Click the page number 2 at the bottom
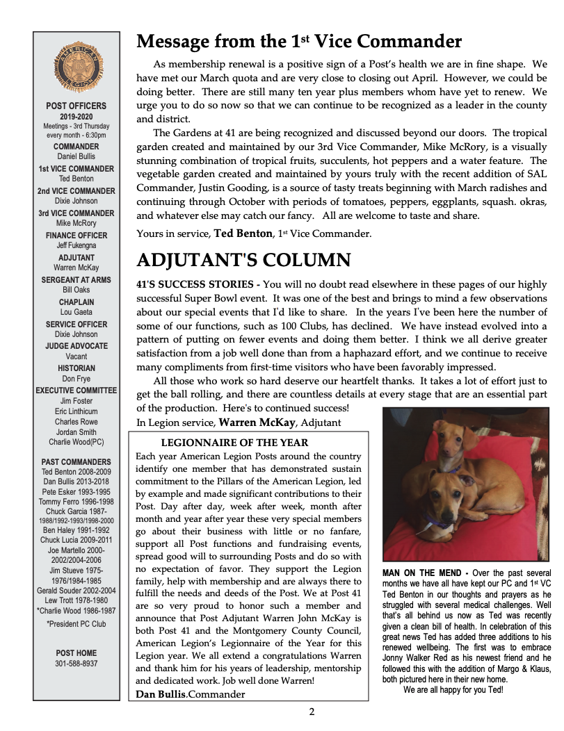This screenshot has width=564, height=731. (x=312, y=712)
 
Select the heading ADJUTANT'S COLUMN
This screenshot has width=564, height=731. (x=243, y=261)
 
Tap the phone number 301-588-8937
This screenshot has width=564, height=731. (x=76, y=664)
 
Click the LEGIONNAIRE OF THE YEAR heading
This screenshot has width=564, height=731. (x=234, y=443)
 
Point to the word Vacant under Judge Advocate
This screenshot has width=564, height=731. (x=76, y=356)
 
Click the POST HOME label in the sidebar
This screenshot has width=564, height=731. (x=76, y=653)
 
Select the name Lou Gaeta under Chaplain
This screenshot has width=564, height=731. (x=76, y=313)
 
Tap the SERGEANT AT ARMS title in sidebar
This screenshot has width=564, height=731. (x=76, y=280)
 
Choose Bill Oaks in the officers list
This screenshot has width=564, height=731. (x=76, y=290)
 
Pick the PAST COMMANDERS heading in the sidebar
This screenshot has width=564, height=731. (x=76, y=461)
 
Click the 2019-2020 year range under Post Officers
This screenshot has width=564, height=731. (x=76, y=116)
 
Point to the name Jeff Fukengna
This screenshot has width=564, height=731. (x=76, y=245)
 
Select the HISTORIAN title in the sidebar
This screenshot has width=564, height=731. (x=76, y=368)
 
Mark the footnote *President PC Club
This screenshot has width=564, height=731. (x=76, y=624)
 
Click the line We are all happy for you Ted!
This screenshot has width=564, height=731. (x=453, y=690)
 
